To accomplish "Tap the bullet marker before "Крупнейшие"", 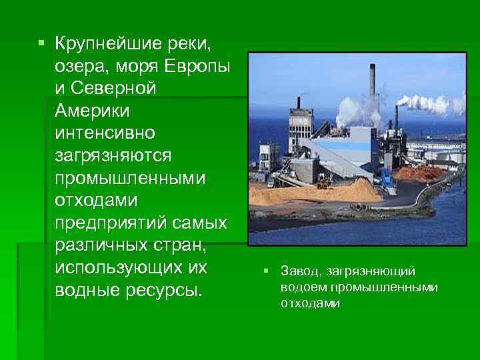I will [41, 44].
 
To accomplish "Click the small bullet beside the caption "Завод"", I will [265, 271].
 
